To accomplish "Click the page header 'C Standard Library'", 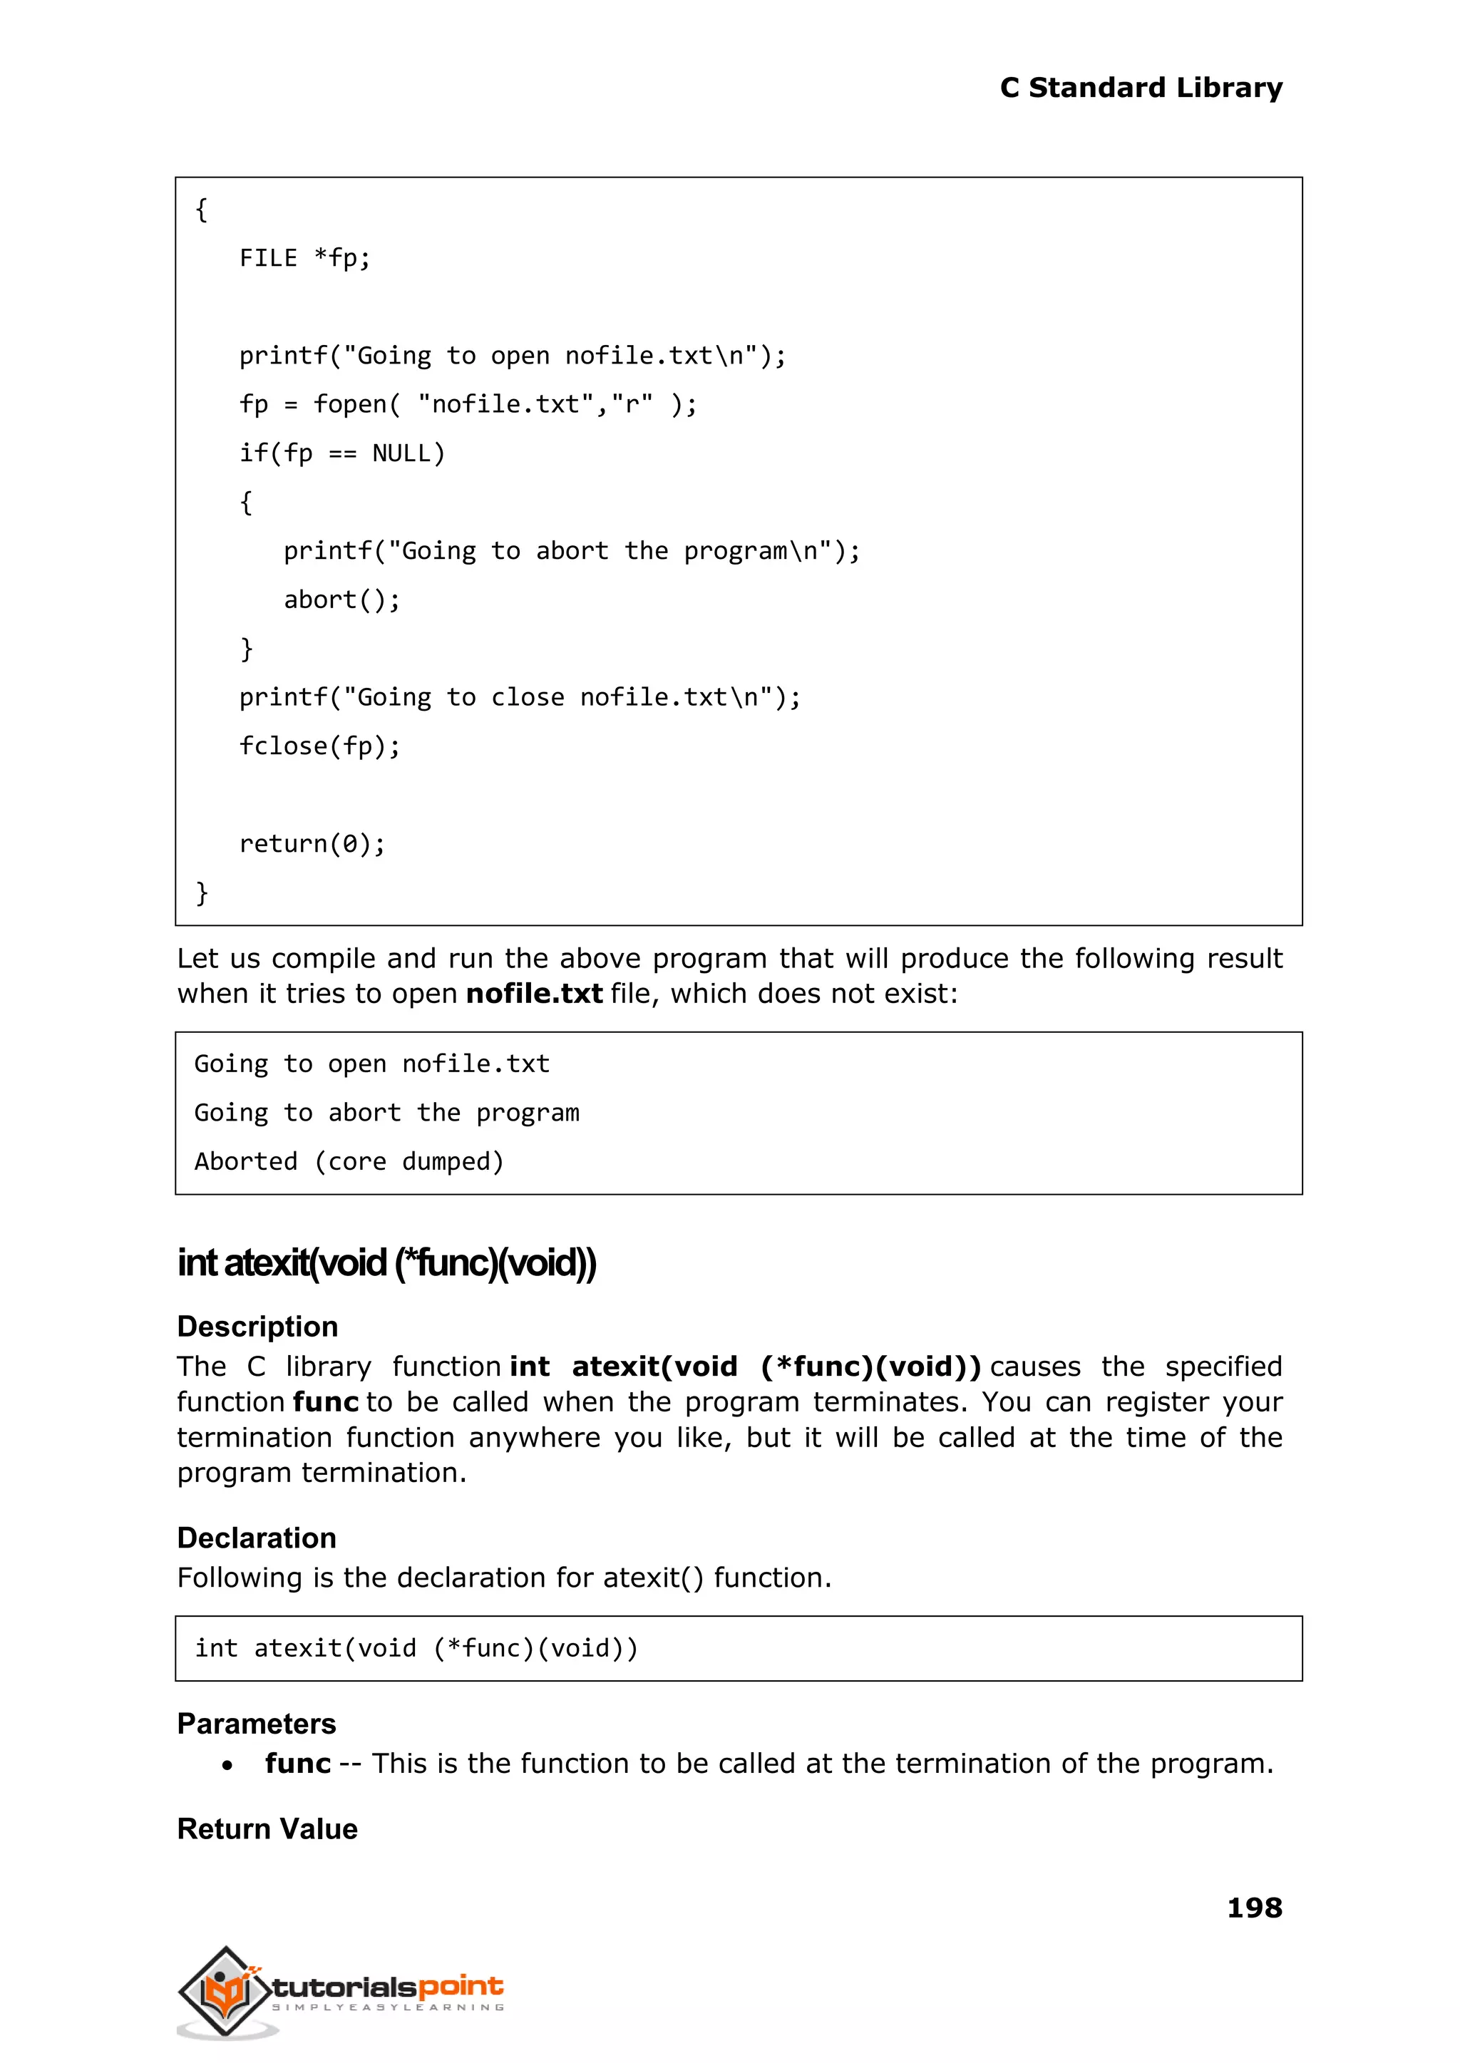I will pyautogui.click(x=1140, y=88).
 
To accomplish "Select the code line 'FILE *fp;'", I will pyautogui.click(x=305, y=259).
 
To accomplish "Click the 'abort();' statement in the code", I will pyautogui.click(x=341, y=600).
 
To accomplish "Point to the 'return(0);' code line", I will pyautogui.click(x=312, y=843).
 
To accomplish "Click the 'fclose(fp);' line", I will pyautogui.click(x=319, y=746).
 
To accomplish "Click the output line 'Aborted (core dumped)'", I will pyautogui.click(x=349, y=1161).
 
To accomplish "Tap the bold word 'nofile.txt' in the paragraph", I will pyautogui.click(x=534, y=994).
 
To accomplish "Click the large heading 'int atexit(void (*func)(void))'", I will pyautogui.click(x=386, y=1263).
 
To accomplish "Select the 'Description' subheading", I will pyautogui.click(x=257, y=1327).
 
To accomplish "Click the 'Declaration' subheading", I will pyautogui.click(x=256, y=1538).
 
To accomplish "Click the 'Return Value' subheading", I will pyautogui.click(x=267, y=1828).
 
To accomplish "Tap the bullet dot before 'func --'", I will pyautogui.click(x=227, y=1766).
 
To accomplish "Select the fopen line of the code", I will pyautogui.click(x=468, y=404).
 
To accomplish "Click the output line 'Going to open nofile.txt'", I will pyautogui.click(x=371, y=1064).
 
